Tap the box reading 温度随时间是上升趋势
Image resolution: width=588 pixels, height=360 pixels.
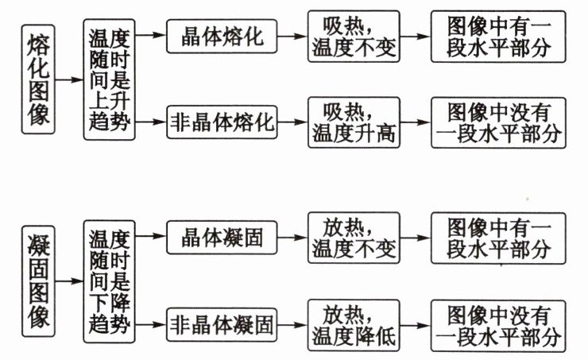click(x=108, y=80)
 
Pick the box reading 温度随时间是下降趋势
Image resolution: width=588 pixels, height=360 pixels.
click(x=108, y=281)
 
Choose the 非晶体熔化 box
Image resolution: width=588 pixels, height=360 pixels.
click(x=222, y=123)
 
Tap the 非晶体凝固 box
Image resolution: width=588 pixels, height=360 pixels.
click(x=222, y=324)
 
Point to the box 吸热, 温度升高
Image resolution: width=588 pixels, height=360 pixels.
click(x=354, y=123)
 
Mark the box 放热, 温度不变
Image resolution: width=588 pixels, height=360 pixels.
click(x=354, y=238)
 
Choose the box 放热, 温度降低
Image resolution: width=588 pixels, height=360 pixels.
click(x=354, y=324)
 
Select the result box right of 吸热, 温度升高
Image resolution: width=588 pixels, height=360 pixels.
click(x=497, y=123)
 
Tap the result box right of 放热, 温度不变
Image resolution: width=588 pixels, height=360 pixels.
click(x=497, y=238)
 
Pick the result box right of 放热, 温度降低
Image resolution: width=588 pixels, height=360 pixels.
click(x=497, y=324)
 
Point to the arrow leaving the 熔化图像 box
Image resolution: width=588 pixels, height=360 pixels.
click(x=70, y=80)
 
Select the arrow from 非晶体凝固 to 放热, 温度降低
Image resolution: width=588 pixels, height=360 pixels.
click(x=293, y=324)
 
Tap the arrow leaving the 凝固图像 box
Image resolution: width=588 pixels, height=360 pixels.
click(x=70, y=281)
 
